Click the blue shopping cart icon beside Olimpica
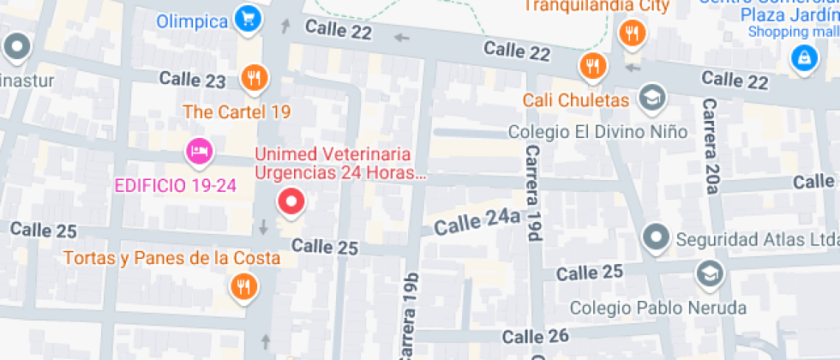click(x=248, y=18)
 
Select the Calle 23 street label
click(x=192, y=81)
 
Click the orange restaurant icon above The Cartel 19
click(x=254, y=78)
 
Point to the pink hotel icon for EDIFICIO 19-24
click(x=199, y=152)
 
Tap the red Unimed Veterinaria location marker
click(x=292, y=202)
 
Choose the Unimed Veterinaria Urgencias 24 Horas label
click(x=340, y=164)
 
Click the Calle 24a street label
click(x=477, y=223)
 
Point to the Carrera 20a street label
click(x=711, y=145)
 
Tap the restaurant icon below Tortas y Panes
click(x=244, y=286)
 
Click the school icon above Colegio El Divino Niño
click(x=652, y=96)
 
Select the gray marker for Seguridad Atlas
click(x=657, y=237)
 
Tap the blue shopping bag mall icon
click(x=804, y=58)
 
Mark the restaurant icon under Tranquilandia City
click(x=633, y=34)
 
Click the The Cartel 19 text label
click(x=237, y=111)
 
